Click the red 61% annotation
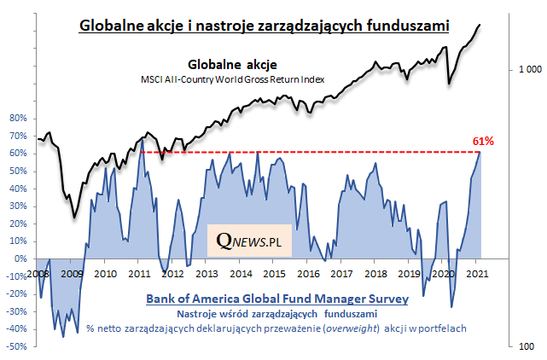click(x=483, y=141)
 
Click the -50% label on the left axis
click(x=17, y=347)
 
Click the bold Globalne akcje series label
click(x=232, y=64)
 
